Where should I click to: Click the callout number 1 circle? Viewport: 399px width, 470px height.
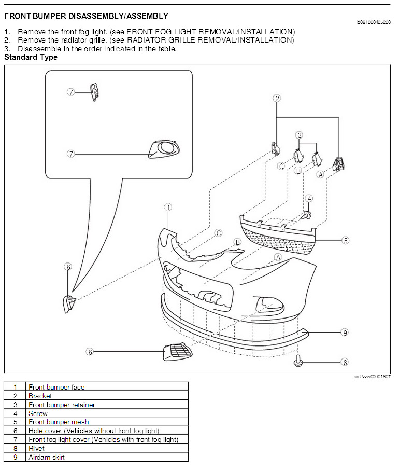click(x=168, y=207)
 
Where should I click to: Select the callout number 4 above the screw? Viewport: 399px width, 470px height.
click(x=309, y=198)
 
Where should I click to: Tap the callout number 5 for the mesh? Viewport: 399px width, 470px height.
click(x=346, y=240)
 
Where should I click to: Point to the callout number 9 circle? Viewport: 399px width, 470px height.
click(x=345, y=333)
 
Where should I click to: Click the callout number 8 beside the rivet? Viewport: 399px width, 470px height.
click(x=345, y=362)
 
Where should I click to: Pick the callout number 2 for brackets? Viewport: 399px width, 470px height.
click(x=277, y=98)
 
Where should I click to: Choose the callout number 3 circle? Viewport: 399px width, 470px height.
click(x=299, y=135)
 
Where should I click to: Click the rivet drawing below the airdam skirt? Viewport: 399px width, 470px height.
click(x=299, y=361)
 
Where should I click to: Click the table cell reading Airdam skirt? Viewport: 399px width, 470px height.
click(x=47, y=457)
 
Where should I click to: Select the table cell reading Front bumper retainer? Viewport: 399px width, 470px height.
click(x=62, y=405)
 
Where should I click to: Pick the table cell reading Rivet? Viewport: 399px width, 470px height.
click(x=36, y=448)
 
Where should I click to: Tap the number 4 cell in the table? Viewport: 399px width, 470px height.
click(x=16, y=413)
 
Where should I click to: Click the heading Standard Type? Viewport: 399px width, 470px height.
click(x=31, y=57)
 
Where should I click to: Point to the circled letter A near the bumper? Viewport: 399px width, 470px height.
click(x=278, y=257)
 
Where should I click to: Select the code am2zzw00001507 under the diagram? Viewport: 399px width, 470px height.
click(x=372, y=377)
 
